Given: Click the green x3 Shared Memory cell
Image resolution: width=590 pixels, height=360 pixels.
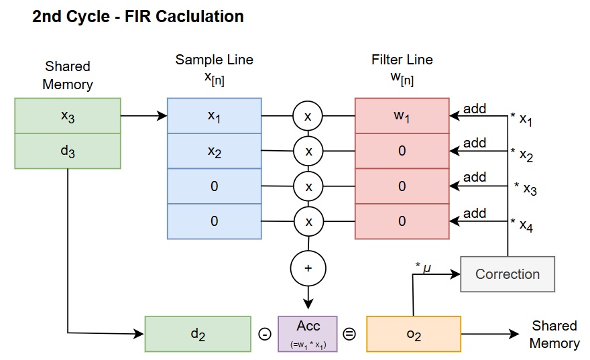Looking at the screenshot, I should (68, 116).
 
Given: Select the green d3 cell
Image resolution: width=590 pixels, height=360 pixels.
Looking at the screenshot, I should (68, 151).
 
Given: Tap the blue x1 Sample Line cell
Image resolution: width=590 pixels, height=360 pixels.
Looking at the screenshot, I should (214, 116).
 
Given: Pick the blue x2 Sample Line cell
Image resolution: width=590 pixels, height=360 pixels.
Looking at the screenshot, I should (214, 151).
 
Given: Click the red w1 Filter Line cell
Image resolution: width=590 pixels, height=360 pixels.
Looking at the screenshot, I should (402, 116).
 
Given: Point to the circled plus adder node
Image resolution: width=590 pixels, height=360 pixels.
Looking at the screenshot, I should (308, 267).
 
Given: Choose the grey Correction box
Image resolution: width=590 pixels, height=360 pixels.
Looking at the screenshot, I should (508, 274).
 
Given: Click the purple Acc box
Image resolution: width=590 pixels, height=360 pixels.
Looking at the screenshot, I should (308, 334).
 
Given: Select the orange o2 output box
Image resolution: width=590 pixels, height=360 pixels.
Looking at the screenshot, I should (414, 334).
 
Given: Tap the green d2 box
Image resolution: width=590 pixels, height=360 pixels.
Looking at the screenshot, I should (198, 334).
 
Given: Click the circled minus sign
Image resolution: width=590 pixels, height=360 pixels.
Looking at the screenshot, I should (263, 334).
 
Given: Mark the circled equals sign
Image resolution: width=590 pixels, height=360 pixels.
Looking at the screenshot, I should (350, 334).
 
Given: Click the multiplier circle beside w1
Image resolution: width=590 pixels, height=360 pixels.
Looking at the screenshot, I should (308, 116).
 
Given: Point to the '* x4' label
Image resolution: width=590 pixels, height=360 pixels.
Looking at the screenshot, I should (523, 225).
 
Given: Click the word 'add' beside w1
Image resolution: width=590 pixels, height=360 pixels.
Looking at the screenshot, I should (475, 109).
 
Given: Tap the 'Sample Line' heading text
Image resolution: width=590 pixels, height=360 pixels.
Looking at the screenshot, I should (214, 60).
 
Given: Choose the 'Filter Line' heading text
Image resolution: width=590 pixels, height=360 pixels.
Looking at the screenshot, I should (402, 60).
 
